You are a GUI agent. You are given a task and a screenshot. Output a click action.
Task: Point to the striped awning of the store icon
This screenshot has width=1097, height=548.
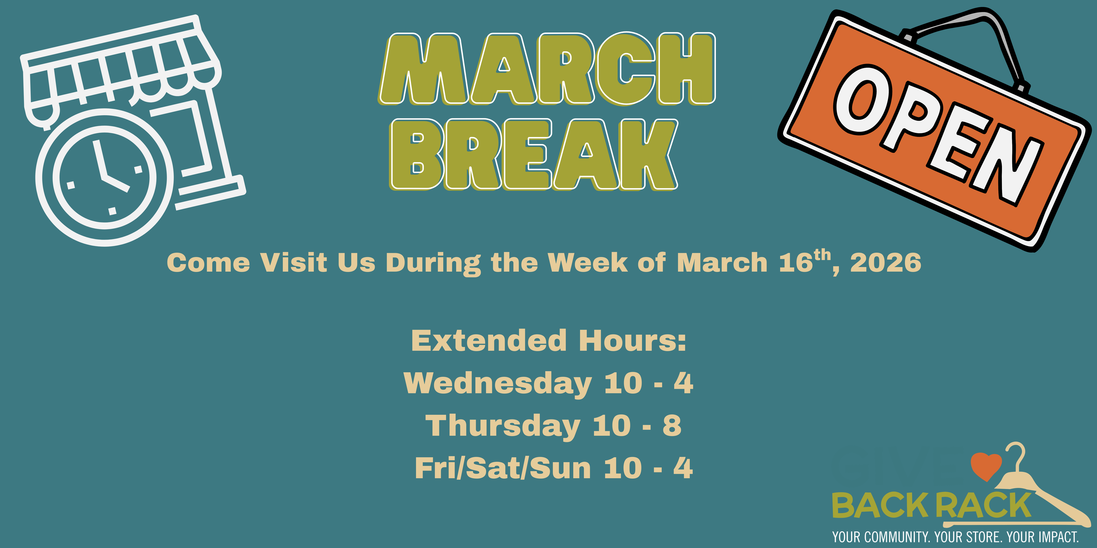pos(121,70)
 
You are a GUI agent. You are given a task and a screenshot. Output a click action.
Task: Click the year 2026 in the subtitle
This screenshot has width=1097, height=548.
pos(886,263)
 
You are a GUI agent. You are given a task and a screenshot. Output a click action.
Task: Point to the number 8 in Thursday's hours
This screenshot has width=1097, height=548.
pos(672,425)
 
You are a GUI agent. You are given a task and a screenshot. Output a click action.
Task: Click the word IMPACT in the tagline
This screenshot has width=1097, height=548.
pos(1056,537)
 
